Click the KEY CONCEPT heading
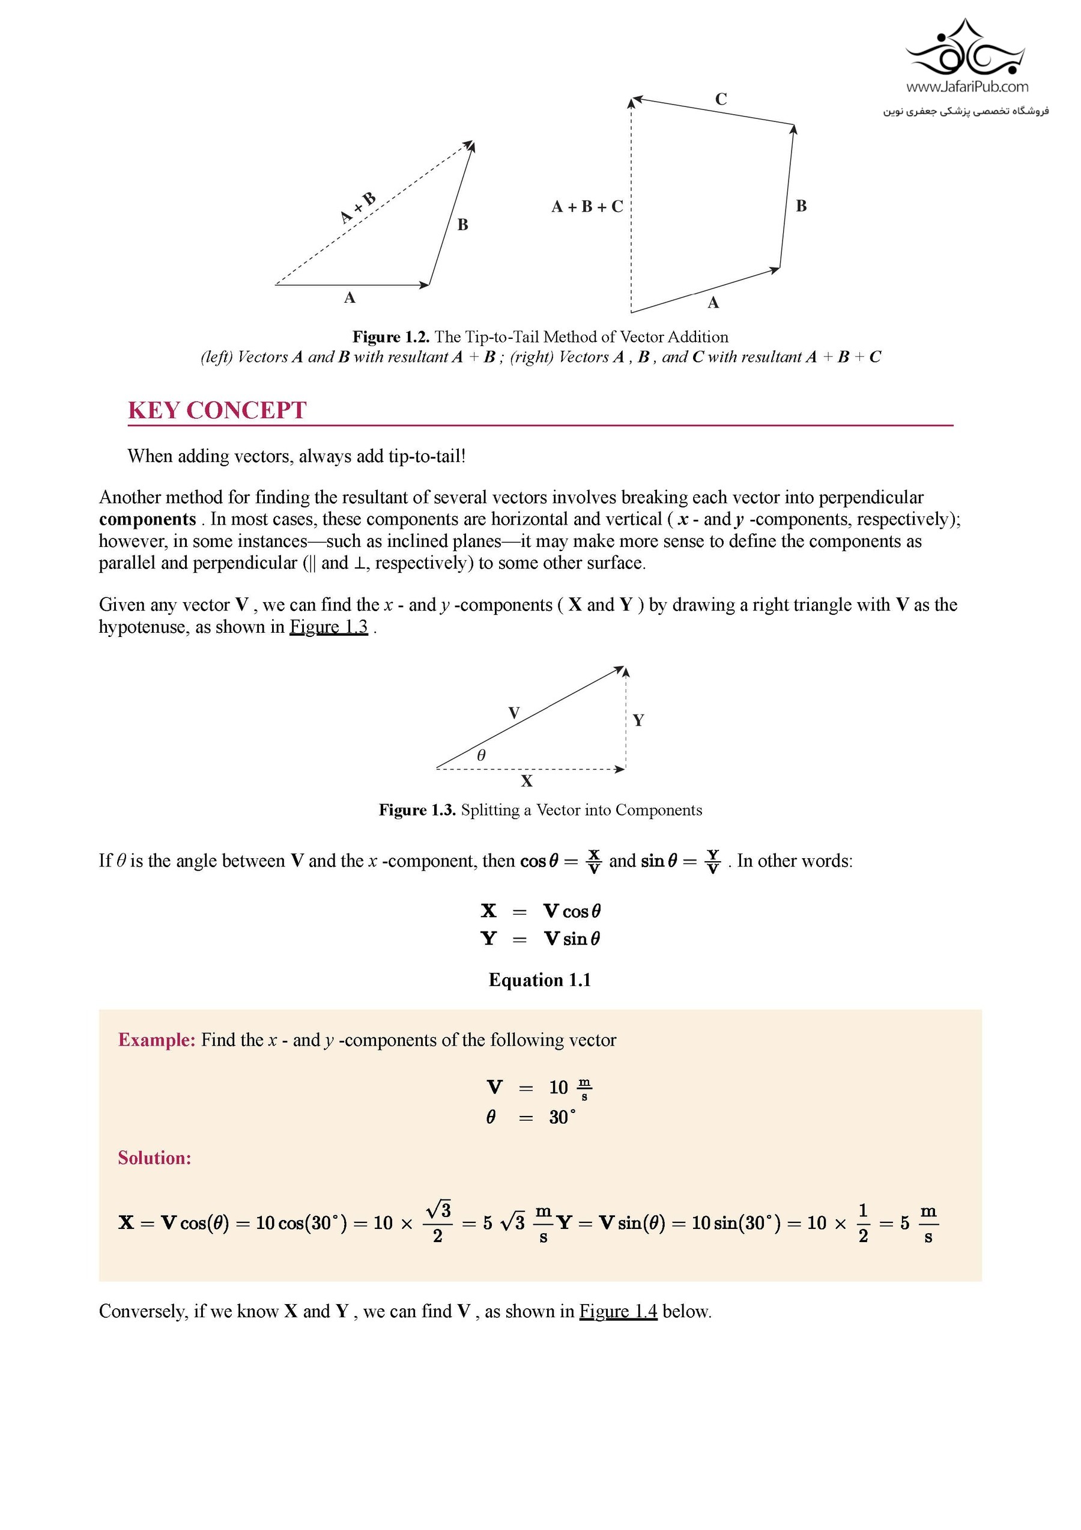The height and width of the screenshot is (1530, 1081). tap(217, 410)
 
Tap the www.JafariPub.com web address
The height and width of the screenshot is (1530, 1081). tap(966, 87)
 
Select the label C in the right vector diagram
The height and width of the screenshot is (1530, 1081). tap(721, 99)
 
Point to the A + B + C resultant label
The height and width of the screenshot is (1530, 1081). tap(587, 207)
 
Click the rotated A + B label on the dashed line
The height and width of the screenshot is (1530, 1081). tap(358, 208)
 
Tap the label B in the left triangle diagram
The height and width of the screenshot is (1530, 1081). tap(463, 225)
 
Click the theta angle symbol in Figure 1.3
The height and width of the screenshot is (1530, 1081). tap(481, 755)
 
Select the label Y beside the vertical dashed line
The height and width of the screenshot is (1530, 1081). tap(638, 721)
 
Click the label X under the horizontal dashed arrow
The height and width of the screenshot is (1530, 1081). tap(527, 781)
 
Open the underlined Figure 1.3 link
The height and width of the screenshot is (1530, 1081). tap(329, 627)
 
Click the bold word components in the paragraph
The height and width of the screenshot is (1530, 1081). tap(147, 519)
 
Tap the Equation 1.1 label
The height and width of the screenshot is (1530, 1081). tap(539, 980)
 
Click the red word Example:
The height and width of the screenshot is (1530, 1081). tap(157, 1040)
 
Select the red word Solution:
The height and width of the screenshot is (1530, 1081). tap(154, 1158)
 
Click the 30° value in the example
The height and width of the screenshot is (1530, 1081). tap(562, 1118)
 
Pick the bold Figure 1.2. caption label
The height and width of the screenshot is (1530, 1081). tap(391, 337)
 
